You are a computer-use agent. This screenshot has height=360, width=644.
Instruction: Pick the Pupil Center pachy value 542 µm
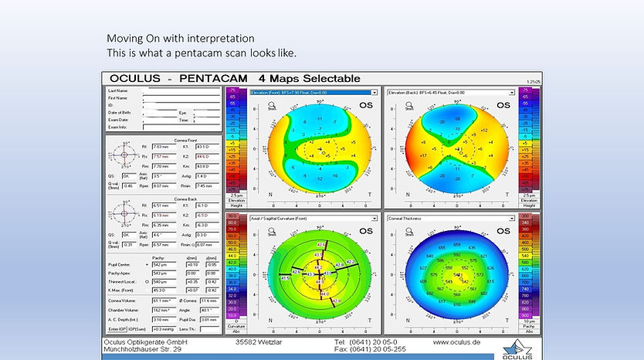(x=163, y=265)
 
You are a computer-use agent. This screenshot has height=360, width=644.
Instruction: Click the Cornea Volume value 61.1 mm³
(x=163, y=299)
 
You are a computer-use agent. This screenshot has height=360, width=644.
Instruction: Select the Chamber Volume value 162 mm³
(x=163, y=307)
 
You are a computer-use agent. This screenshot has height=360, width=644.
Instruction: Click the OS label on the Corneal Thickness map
(x=502, y=230)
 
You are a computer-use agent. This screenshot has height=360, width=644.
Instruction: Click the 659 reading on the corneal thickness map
(x=442, y=247)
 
